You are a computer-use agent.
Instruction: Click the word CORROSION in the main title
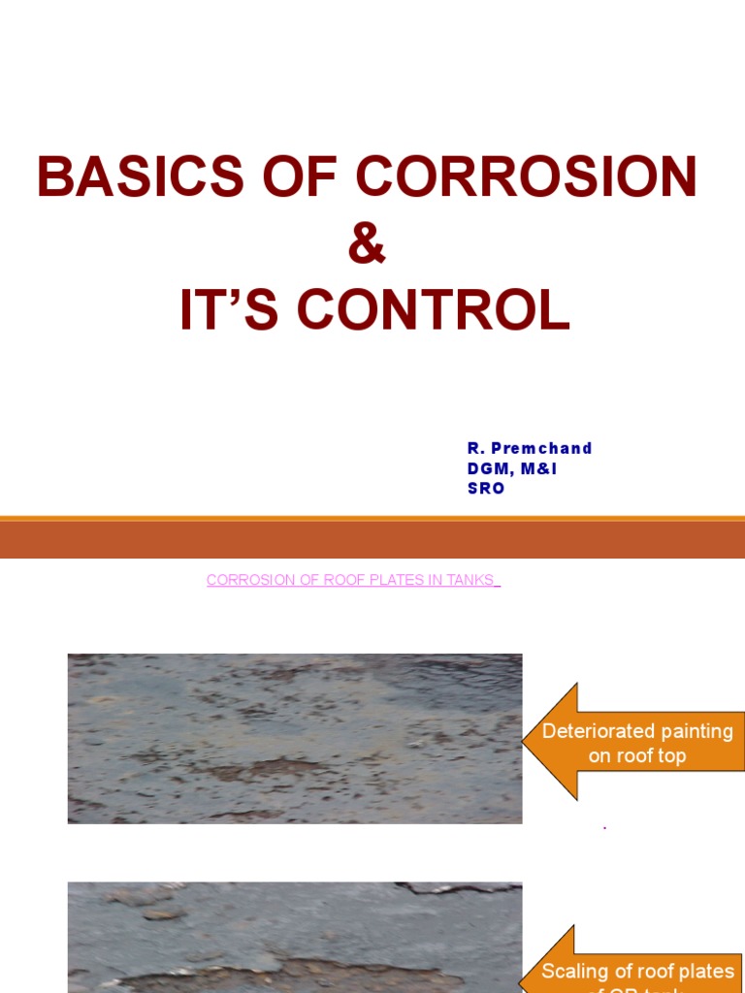pyautogui.click(x=526, y=176)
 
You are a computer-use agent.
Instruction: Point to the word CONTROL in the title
pyautogui.click(x=433, y=311)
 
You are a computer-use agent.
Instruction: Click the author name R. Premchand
pyautogui.click(x=529, y=448)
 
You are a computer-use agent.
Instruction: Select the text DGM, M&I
pyautogui.click(x=512, y=468)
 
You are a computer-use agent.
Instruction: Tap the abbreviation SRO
pyautogui.click(x=486, y=489)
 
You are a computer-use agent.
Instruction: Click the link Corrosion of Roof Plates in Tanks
pyautogui.click(x=352, y=580)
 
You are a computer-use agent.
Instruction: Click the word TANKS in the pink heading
pyautogui.click(x=470, y=580)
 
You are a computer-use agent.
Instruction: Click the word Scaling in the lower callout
pyautogui.click(x=572, y=972)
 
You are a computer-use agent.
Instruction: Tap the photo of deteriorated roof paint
pyautogui.click(x=294, y=738)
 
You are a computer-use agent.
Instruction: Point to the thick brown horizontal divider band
pyautogui.click(x=372, y=538)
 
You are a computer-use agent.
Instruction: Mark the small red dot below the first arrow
pyautogui.click(x=605, y=828)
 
